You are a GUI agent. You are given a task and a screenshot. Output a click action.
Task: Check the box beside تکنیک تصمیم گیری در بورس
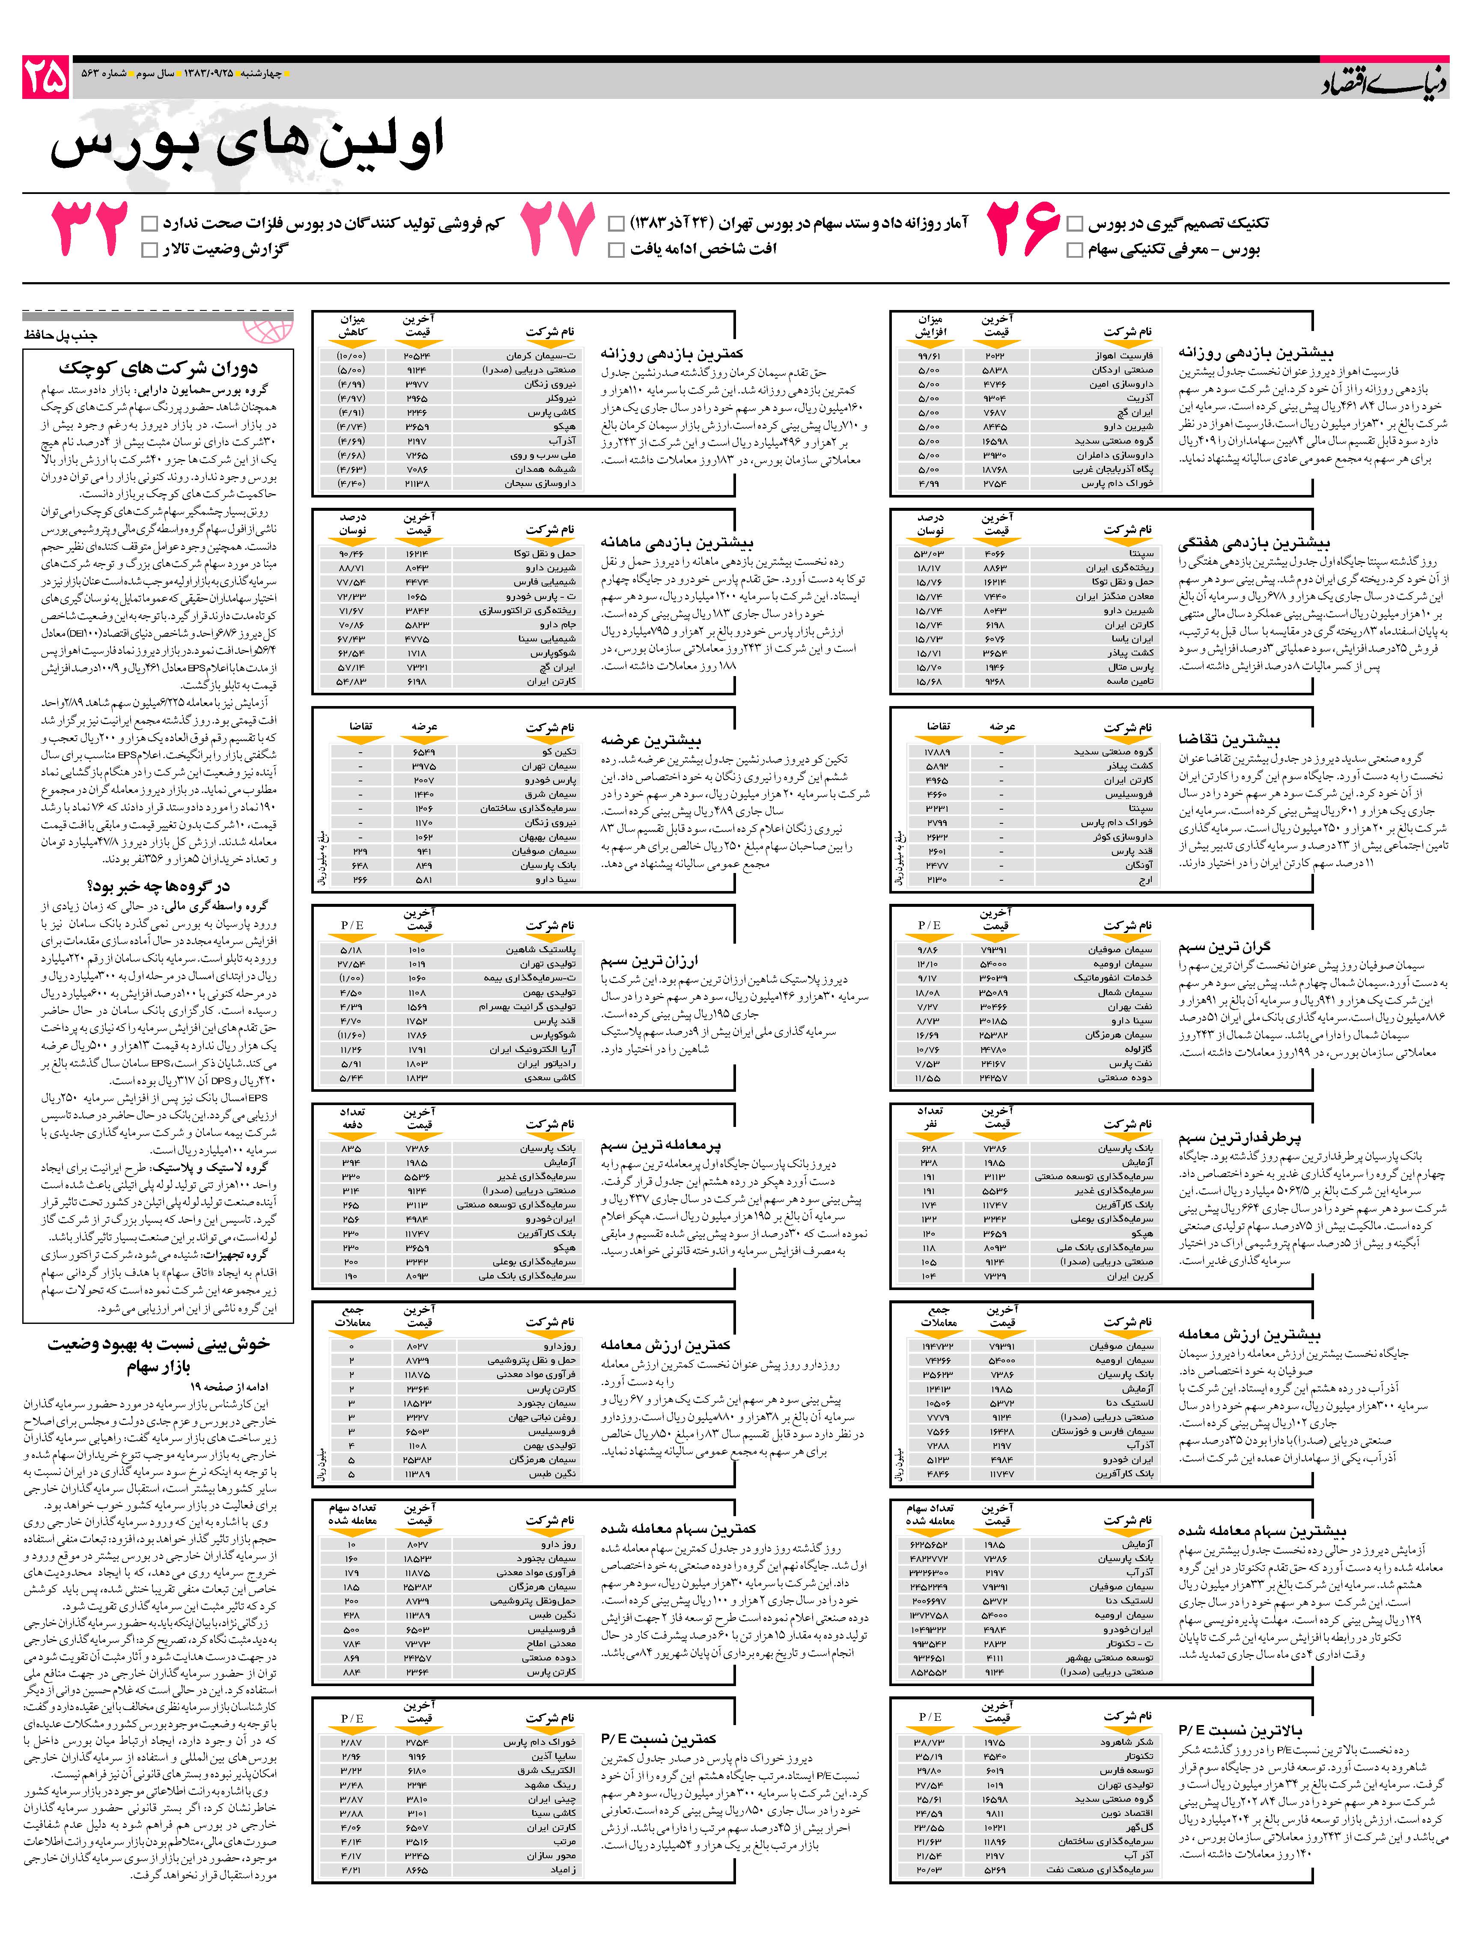[x=1074, y=223]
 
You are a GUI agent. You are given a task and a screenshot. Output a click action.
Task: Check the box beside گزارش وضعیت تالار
[x=149, y=250]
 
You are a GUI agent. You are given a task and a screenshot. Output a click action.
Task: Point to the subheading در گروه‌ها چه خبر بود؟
[x=158, y=885]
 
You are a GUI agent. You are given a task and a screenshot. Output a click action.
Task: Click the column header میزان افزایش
[x=928, y=327]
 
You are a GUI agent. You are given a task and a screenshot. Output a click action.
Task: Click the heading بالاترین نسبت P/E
[x=1240, y=1729]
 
